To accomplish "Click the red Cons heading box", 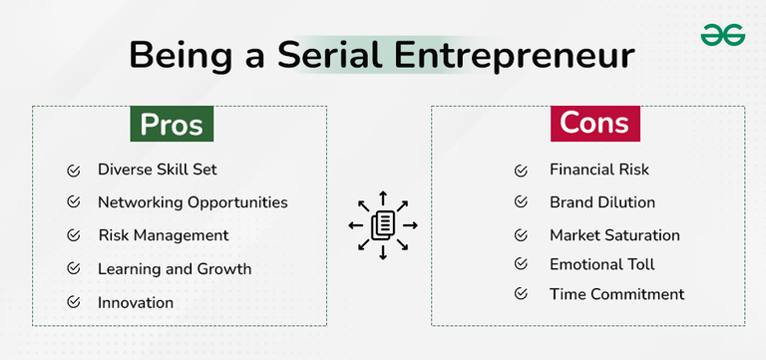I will click(594, 123).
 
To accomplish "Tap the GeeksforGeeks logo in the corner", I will click(722, 36).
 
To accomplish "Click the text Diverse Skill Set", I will click(158, 170).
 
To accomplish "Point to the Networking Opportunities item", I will click(192, 202).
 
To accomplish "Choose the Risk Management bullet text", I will click(164, 235).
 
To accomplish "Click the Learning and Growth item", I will click(175, 269).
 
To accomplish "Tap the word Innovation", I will click(136, 302).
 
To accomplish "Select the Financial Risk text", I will click(599, 170).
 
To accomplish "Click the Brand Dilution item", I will click(602, 202).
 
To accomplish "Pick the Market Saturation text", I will click(614, 235).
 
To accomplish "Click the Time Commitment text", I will click(616, 294).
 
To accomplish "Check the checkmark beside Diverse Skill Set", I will click(73, 170).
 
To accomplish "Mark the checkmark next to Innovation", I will click(73, 302).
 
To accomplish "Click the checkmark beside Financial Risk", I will click(521, 170).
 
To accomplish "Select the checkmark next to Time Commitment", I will click(521, 294).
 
